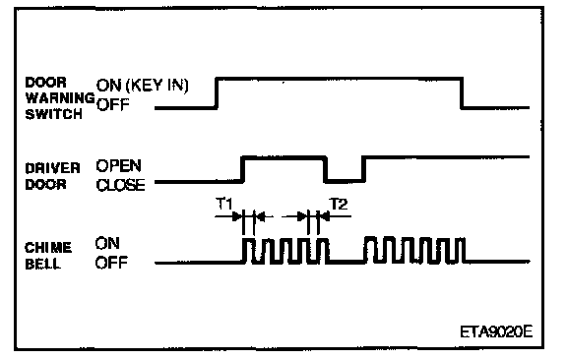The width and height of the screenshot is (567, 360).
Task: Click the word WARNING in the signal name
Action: coord(60,98)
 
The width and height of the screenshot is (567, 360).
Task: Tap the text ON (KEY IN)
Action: coord(142,86)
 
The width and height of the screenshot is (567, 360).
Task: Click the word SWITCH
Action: coord(53,114)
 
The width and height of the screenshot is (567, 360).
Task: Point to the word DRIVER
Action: coord(53,168)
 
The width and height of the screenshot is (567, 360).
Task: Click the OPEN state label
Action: coord(118,165)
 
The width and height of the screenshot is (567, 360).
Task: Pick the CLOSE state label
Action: coord(120,185)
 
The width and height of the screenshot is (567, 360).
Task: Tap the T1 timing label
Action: coord(224,204)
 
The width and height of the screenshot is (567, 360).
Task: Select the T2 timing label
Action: coord(339,205)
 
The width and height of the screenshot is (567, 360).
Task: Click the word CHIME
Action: coord(48,248)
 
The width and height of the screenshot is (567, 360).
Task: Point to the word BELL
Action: coord(42,264)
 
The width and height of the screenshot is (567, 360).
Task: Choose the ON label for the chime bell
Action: coord(107,243)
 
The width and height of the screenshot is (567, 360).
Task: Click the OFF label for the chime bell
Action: coord(112,263)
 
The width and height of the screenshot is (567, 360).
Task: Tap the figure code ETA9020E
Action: coord(496,331)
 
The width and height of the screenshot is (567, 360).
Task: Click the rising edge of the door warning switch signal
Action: coord(217,92)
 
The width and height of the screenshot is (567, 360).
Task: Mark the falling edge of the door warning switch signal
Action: coord(462,92)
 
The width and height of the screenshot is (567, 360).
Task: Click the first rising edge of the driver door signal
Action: coord(242,169)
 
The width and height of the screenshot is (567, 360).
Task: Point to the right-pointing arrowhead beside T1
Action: coord(237,216)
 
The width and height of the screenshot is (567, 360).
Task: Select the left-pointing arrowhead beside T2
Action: coord(325,216)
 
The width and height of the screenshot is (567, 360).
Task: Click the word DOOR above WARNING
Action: coord(46,83)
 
